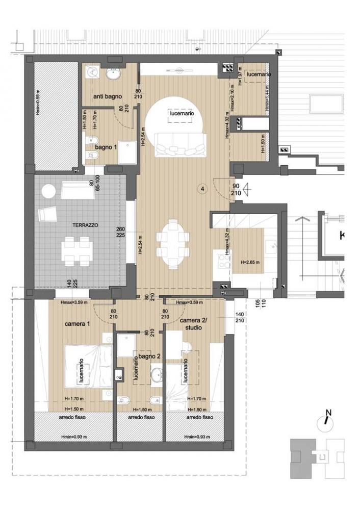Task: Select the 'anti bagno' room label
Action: click(107, 96)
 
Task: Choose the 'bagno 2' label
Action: click(147, 356)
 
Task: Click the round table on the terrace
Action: click(49, 191)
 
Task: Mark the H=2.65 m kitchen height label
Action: click(250, 263)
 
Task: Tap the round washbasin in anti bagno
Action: click(113, 75)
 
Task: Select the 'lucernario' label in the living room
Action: click(182, 114)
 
